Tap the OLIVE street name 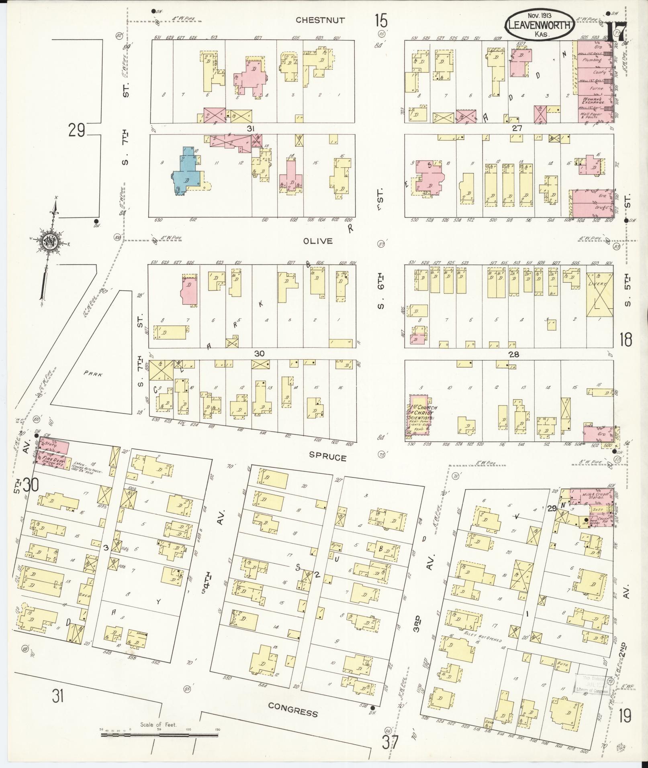pyautogui.click(x=318, y=241)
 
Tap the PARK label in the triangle pyautogui.click(x=93, y=373)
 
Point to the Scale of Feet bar pyautogui.click(x=159, y=735)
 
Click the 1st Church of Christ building pyautogui.click(x=419, y=419)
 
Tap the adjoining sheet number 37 pyautogui.click(x=390, y=743)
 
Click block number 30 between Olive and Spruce pyautogui.click(x=259, y=353)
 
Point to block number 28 pyautogui.click(x=513, y=354)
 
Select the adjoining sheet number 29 pyautogui.click(x=77, y=130)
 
